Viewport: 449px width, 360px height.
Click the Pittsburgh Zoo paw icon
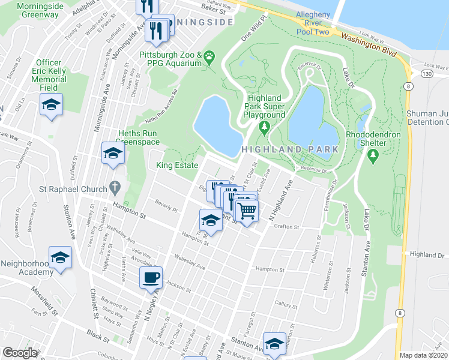point(209,58)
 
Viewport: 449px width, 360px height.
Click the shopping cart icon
point(246,211)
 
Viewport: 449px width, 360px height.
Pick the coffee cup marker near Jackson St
point(151,277)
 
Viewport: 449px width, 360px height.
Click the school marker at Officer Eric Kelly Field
point(52,106)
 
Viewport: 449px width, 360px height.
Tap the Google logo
point(20,353)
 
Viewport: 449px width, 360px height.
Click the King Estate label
point(176,165)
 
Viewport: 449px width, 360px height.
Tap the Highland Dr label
point(427,255)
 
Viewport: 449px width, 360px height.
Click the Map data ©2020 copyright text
point(423,355)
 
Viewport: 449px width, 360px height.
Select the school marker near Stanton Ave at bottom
point(274,343)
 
